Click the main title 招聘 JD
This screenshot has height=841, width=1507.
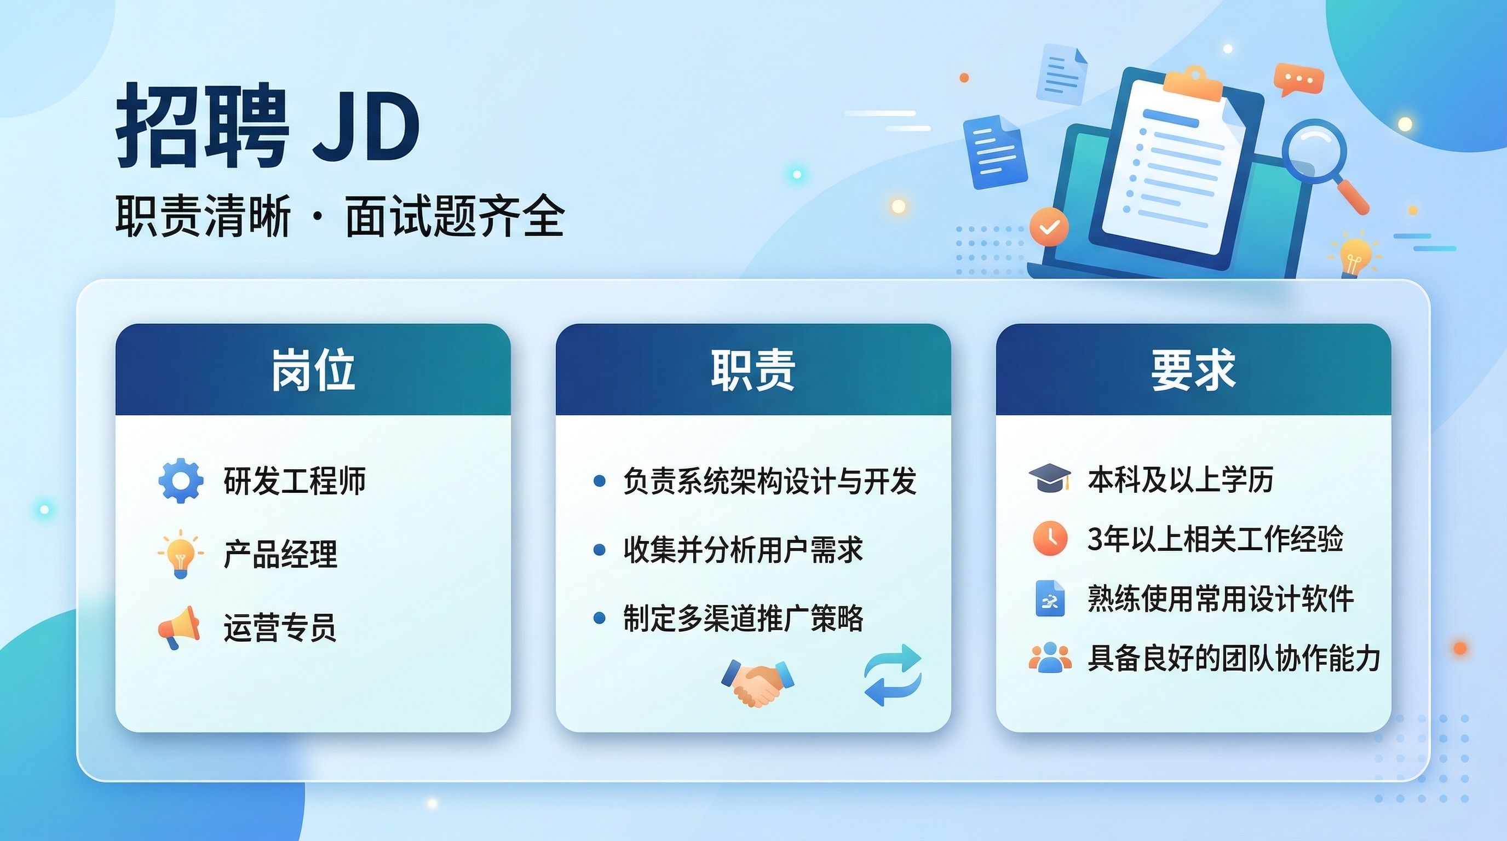268,125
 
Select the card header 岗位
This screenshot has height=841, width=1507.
313,370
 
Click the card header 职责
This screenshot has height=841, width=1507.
753,370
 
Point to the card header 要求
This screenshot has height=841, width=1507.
1193,370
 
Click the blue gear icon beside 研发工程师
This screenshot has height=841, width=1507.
181,481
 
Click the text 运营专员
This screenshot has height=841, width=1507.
280,627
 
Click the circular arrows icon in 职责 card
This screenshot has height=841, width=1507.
893,675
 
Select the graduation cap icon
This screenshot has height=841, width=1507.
1050,479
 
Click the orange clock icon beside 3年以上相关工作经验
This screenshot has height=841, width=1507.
1050,538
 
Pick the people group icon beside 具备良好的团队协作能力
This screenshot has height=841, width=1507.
1050,658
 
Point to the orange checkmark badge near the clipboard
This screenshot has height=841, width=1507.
1049,227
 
